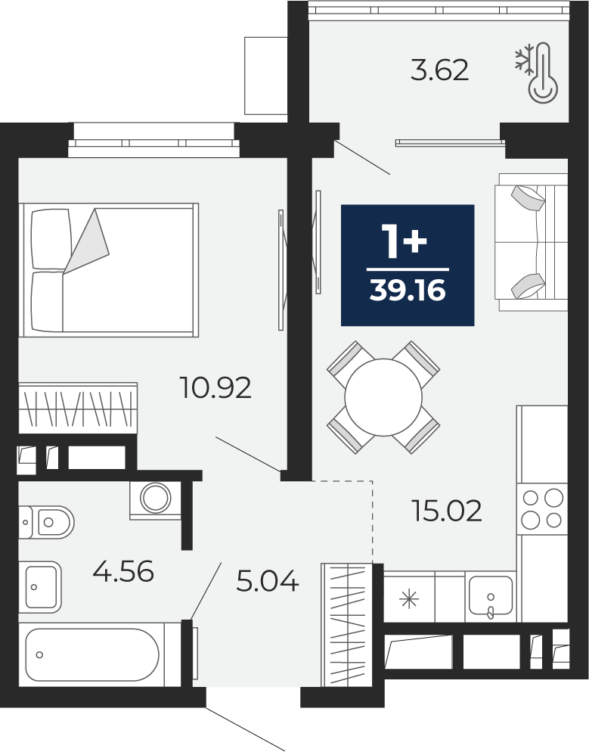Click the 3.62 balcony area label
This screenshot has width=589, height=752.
(439, 70)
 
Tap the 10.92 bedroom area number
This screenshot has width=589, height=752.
(215, 388)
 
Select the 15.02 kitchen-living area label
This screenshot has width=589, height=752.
(447, 511)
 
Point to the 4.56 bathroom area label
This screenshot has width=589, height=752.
(123, 571)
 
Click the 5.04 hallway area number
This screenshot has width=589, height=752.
(268, 581)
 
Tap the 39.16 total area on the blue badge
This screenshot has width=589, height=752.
(408, 291)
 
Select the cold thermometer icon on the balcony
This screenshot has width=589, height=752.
(537, 72)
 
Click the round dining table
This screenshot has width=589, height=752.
(383, 397)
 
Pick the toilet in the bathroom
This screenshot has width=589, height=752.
(46, 522)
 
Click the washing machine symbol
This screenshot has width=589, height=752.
(155, 500)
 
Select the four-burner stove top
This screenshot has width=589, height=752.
(542, 508)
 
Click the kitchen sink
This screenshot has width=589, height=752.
(491, 595)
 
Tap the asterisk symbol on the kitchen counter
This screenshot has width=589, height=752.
(409, 599)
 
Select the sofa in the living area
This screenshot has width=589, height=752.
(531, 242)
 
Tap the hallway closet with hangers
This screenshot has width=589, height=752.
(347, 625)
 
